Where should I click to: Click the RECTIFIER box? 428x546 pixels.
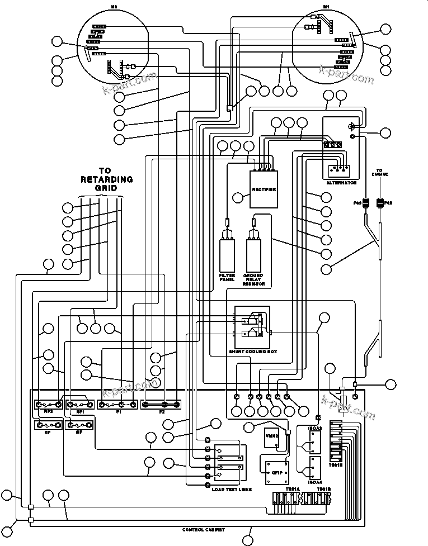tap(264, 189)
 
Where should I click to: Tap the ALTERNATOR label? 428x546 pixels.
tap(341, 183)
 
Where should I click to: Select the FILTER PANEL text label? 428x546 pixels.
tap(228, 278)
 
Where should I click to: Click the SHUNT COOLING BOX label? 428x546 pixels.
tap(253, 352)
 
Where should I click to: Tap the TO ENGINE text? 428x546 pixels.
tap(380, 172)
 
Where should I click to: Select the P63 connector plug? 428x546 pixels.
tap(365, 203)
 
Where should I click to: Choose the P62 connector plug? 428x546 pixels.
tap(380, 203)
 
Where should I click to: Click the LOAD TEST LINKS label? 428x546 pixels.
tap(232, 489)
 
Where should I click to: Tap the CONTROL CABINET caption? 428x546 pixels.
tap(204, 529)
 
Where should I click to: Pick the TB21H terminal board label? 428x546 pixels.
tap(336, 464)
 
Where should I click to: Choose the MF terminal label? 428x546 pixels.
tap(71, 433)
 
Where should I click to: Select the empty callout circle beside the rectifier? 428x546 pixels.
tap(239, 197)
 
